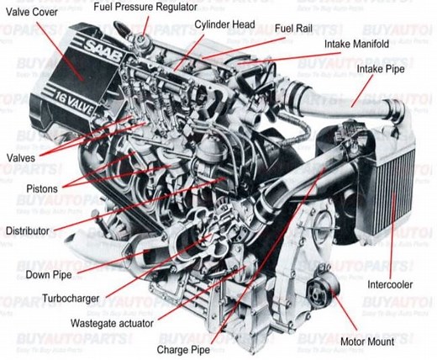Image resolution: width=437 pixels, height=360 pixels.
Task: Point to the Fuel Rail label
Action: tap(292, 29)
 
